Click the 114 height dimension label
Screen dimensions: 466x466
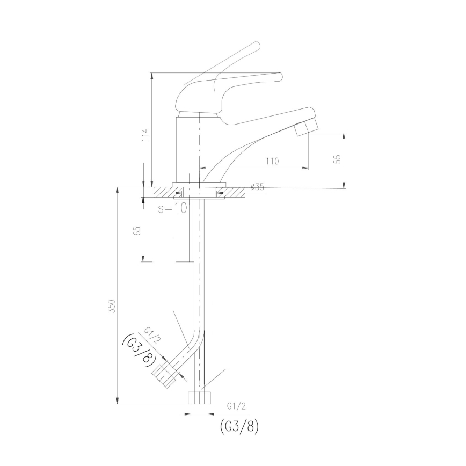click(x=144, y=134)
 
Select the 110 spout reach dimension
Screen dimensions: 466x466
click(x=273, y=161)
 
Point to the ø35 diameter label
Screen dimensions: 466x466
click(x=258, y=187)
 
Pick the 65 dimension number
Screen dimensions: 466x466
click(x=137, y=231)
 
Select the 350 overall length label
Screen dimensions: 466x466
click(x=111, y=306)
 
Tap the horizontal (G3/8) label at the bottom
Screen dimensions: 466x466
click(x=239, y=426)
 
